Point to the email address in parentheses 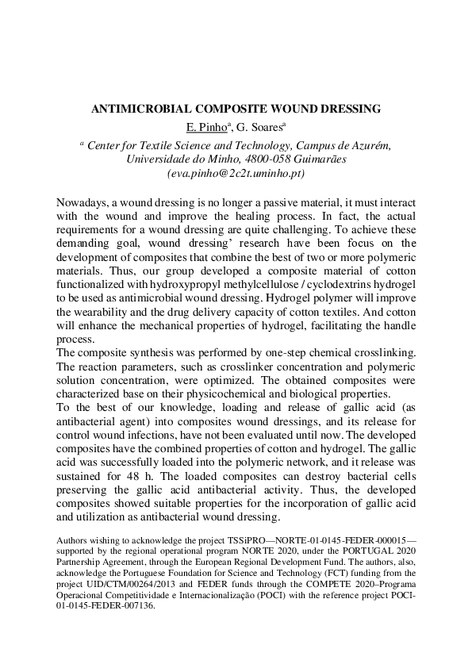point(236,171)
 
